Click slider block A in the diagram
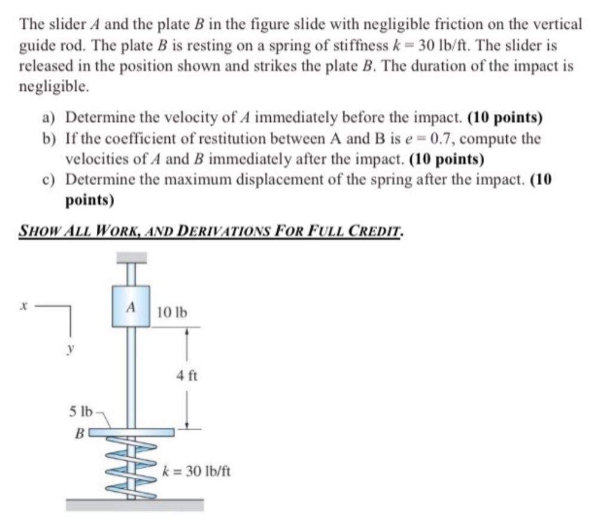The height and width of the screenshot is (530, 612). click(x=130, y=307)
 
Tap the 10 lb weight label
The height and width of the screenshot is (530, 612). click(x=172, y=312)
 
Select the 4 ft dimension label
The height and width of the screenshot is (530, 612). click(x=186, y=376)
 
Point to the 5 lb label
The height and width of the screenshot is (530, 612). click(x=81, y=412)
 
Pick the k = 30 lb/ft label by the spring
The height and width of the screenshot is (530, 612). click(x=196, y=471)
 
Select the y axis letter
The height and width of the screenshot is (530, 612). click(x=69, y=347)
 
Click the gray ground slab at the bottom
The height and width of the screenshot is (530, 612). click(x=134, y=505)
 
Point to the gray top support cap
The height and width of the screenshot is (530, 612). click(x=131, y=258)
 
